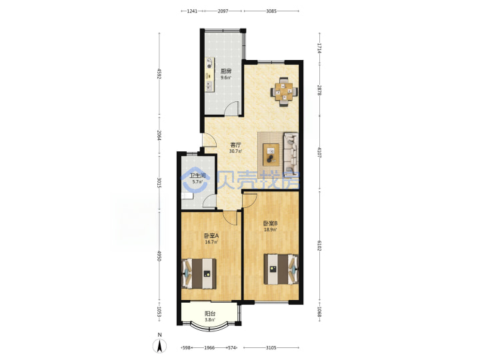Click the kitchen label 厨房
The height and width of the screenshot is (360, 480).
[x=226, y=71]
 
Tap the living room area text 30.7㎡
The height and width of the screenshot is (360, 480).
[x=235, y=151]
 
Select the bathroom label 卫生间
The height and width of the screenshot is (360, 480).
[x=197, y=176]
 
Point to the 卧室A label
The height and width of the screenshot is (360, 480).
[x=211, y=236]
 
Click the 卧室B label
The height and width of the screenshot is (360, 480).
[x=270, y=223]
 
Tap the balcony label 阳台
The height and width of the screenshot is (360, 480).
[x=210, y=314]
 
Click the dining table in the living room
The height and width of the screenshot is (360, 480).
[x=284, y=91]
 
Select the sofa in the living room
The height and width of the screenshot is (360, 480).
[x=291, y=154]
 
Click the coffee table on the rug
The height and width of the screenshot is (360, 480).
[x=271, y=155]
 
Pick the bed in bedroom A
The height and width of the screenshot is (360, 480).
[x=199, y=274]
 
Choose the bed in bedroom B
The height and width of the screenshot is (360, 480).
[x=281, y=269]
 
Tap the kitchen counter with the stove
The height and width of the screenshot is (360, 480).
[x=210, y=75]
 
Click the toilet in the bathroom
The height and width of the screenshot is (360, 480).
[x=187, y=196]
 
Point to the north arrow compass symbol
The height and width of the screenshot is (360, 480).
[x=159, y=345]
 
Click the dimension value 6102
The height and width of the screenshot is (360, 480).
[x=319, y=245]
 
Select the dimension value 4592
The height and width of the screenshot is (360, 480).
[x=159, y=74]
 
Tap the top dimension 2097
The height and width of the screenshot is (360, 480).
[x=223, y=11]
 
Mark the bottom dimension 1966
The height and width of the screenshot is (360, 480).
[x=209, y=348]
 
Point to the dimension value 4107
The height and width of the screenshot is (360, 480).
[x=319, y=152]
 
